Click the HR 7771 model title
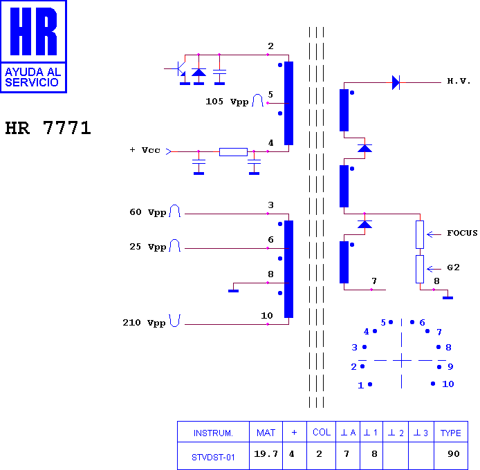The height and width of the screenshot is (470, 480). tap(48, 128)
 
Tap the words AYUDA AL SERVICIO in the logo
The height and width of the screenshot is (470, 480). tap(33, 77)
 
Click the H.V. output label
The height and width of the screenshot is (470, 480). tap(459, 81)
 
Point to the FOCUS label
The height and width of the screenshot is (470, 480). tap(462, 233)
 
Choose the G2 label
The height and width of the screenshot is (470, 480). tap(453, 267)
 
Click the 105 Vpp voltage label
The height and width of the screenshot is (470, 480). tap(227, 102)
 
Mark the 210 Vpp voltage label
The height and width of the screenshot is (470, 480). tap(144, 323)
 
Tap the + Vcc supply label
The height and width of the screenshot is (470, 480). tap(145, 150)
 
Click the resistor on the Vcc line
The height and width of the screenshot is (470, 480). tap(233, 152)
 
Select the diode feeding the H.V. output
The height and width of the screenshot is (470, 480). tap(396, 83)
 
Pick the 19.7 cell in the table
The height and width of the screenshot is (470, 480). tap(266, 454)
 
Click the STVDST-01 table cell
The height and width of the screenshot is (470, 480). tap(213, 457)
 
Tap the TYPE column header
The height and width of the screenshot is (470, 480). tap(451, 433)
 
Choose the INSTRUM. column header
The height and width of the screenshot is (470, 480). tap(213, 433)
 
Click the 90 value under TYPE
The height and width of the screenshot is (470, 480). tap(453, 454)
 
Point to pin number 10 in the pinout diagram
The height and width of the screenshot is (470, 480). tap(448, 384)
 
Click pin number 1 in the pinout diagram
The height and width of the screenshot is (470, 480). tap(361, 386)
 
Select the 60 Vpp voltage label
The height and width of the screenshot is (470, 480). tap(147, 212)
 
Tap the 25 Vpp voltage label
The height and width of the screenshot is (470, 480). tap(147, 247)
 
